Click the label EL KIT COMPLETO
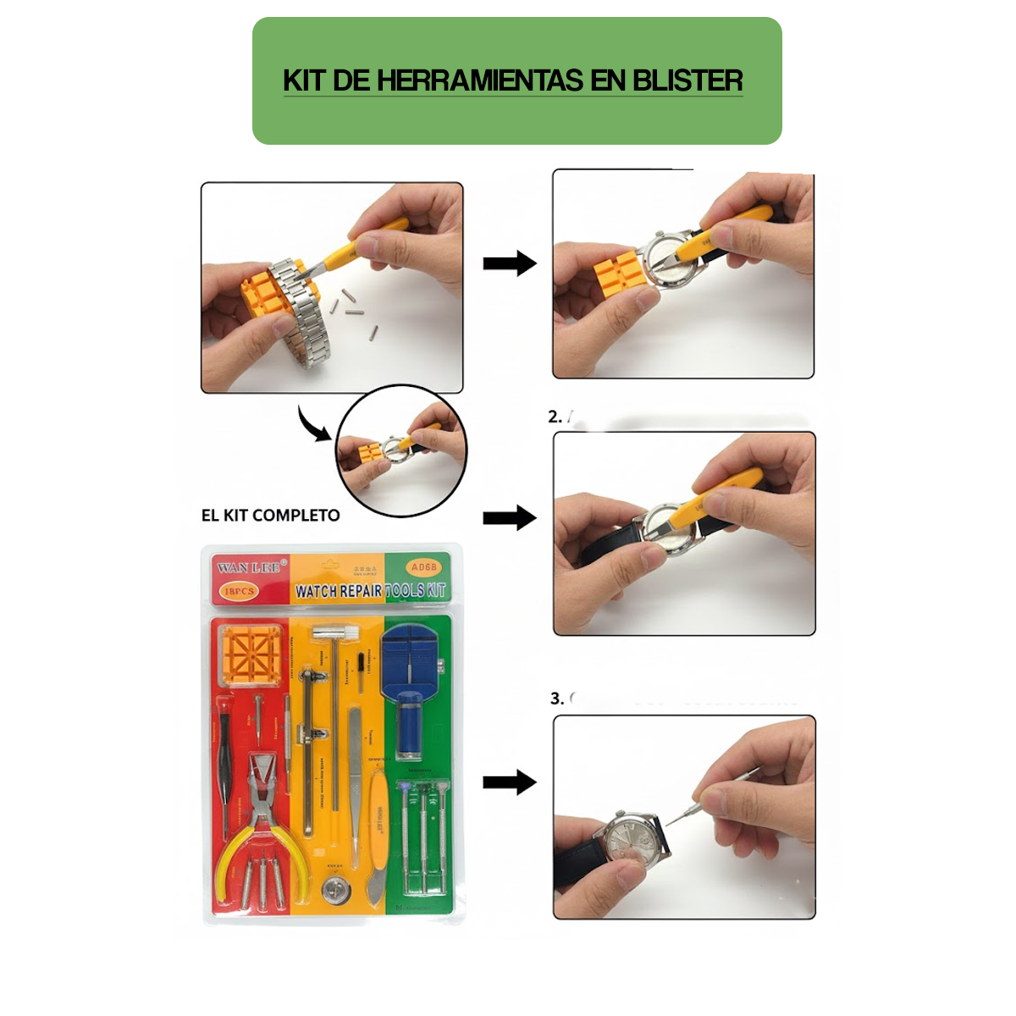270,516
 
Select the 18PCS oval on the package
239,591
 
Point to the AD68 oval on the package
422,567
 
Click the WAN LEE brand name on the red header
248,567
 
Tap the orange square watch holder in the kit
251,656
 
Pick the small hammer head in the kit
331,633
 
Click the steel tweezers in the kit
355,779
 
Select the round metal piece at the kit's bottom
335,890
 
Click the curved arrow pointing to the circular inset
313,424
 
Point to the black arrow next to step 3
509,782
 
